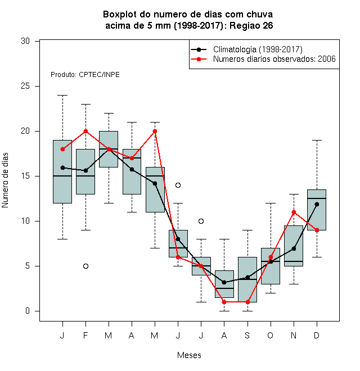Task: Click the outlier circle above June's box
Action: (178, 185)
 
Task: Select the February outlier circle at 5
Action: (85, 266)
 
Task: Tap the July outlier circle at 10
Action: (201, 221)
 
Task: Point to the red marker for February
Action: (85, 132)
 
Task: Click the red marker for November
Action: (294, 212)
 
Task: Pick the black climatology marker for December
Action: (317, 204)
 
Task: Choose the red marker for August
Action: (224, 302)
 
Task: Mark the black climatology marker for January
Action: (62, 168)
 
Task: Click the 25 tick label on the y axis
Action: (25, 86)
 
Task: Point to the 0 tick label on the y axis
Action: (28, 311)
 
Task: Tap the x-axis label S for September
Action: (247, 335)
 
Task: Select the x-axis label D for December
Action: (317, 335)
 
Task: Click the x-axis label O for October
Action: (270, 335)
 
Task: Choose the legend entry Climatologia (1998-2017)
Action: (258, 49)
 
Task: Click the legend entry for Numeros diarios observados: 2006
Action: (274, 59)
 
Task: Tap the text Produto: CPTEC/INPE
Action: (85, 75)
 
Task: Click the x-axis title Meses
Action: (189, 355)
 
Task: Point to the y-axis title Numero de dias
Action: (5, 180)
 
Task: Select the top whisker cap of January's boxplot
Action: (62, 96)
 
